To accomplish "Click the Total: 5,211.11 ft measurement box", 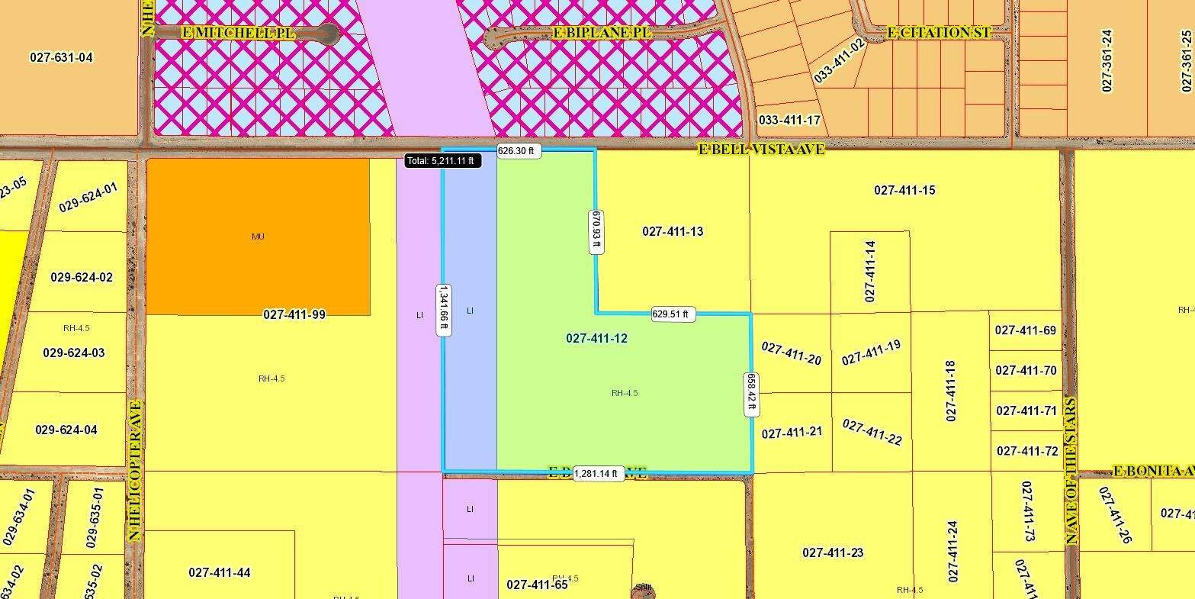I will pyautogui.click(x=442, y=161).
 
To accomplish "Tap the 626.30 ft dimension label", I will pyautogui.click(x=519, y=151).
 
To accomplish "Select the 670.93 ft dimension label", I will pyautogui.click(x=595, y=230).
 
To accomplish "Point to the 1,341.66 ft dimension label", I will pyautogui.click(x=442, y=310).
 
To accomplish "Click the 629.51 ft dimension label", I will pyautogui.click(x=670, y=314).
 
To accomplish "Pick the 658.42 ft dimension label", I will pyautogui.click(x=751, y=394).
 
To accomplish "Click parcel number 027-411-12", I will pyautogui.click(x=596, y=338).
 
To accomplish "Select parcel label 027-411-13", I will pyautogui.click(x=673, y=231).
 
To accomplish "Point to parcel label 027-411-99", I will pyautogui.click(x=294, y=314).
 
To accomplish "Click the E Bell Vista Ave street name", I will pyautogui.click(x=761, y=149).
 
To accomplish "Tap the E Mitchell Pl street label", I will pyautogui.click(x=237, y=32).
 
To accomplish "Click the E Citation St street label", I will pyautogui.click(x=939, y=33).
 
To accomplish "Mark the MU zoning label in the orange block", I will pyautogui.click(x=258, y=237).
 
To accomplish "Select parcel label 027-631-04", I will pyautogui.click(x=61, y=57).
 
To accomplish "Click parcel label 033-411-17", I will pyautogui.click(x=789, y=120).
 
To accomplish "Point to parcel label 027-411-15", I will pyautogui.click(x=904, y=190).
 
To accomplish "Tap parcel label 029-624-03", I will pyautogui.click(x=74, y=353).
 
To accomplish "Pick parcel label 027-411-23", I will pyautogui.click(x=833, y=552).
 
